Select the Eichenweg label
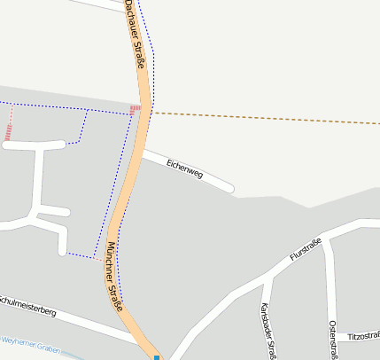[185, 168]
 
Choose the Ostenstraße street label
[333, 340]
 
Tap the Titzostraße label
[363, 337]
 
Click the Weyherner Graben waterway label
[30, 345]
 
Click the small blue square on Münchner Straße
[157, 357]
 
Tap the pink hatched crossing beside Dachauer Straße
[135, 109]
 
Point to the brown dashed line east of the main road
[266, 118]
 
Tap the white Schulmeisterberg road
[89, 324]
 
